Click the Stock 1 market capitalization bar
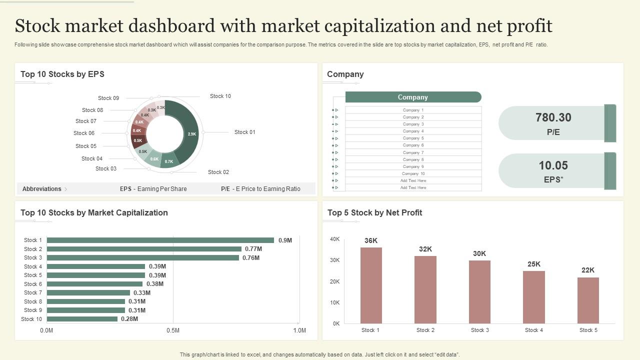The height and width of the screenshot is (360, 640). (x=160, y=240)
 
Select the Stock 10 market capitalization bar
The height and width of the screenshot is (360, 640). (x=82, y=319)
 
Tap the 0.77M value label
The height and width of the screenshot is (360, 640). (x=253, y=249)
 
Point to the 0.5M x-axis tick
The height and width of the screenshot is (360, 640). (x=173, y=330)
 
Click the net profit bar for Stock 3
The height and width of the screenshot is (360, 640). (x=479, y=292)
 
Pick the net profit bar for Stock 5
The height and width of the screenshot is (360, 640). (x=588, y=300)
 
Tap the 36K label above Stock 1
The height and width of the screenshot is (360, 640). (x=371, y=240)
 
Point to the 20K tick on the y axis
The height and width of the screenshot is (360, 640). (x=334, y=281)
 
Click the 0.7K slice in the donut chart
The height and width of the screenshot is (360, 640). (x=169, y=160)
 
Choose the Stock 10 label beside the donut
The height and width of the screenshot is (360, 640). (x=220, y=96)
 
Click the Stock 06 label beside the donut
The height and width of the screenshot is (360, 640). (x=84, y=133)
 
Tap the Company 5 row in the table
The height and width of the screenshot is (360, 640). (x=413, y=138)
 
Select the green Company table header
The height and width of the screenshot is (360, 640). (x=413, y=97)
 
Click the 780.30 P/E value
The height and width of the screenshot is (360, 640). (x=553, y=117)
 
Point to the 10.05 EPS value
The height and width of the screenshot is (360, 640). (x=553, y=165)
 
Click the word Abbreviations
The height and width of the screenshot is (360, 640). (x=42, y=189)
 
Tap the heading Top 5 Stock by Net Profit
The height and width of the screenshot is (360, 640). (x=374, y=212)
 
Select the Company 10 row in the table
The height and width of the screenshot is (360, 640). (x=413, y=173)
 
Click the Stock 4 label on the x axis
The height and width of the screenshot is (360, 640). (x=534, y=330)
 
